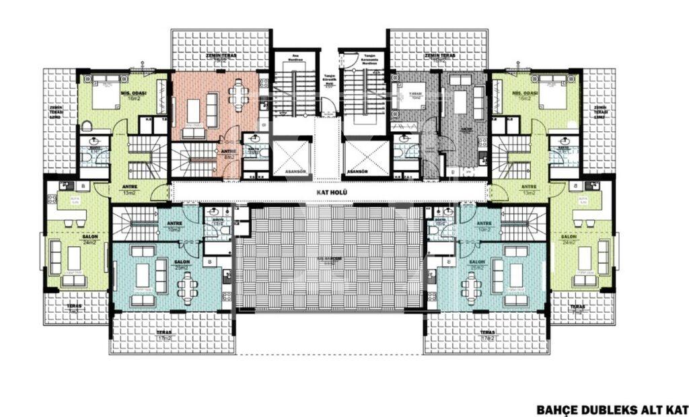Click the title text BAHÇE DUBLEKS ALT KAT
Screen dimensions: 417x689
[612, 408]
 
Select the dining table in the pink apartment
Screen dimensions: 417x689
[239, 95]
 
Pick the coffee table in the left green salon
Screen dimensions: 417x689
[73, 258]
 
